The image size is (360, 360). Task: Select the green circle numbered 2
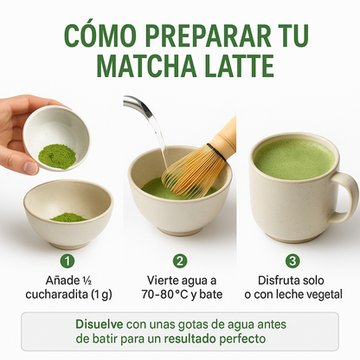[180, 260]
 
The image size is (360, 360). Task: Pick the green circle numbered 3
[292, 260]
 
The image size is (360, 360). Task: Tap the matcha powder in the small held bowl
[56, 155]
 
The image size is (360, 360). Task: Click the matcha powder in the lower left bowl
[67, 216]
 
